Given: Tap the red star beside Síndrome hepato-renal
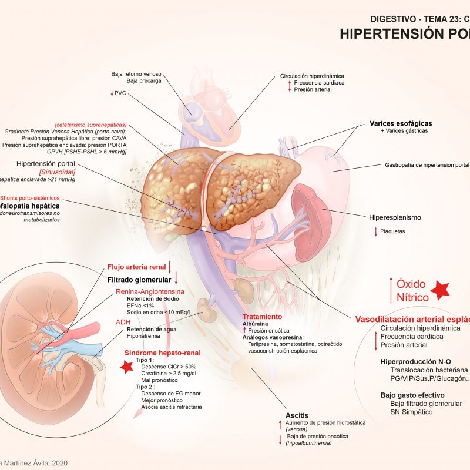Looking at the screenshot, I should pos(125,367).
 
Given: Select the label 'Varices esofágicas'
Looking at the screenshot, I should pos(401,123).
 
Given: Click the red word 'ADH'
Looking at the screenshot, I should pos(123,321).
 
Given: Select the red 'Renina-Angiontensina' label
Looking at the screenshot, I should pos(150,291).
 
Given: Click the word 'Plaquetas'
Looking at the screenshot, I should pos(393,231).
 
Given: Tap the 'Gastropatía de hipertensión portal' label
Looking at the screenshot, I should pos(427,165).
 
